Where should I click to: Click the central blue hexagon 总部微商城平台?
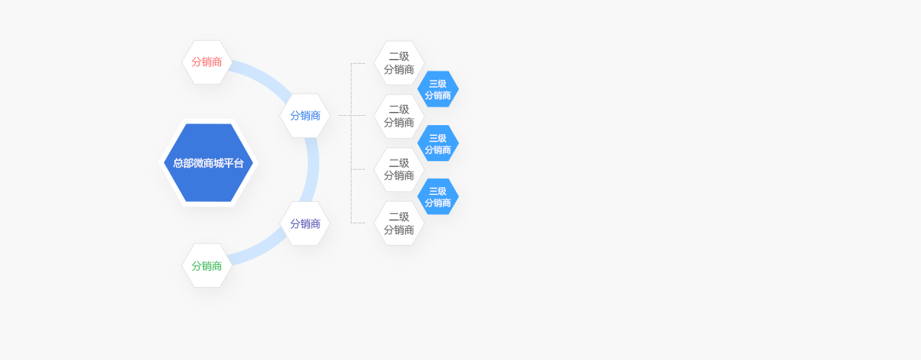208,163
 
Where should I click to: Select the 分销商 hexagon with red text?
207,62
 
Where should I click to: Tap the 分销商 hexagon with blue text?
305,116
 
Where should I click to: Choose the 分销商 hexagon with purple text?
305,223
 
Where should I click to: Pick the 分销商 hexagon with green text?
207,266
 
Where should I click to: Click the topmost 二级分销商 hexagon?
399,63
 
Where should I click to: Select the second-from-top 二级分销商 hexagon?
399,117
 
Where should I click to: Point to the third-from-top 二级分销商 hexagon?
399,170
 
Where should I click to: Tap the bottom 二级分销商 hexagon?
399,223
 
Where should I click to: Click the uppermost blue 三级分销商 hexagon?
438,90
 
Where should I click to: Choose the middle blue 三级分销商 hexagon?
438,144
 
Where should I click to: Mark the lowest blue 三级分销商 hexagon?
438,197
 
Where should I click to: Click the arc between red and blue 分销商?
261,75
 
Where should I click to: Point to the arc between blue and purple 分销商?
313,169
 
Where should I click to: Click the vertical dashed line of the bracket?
352,143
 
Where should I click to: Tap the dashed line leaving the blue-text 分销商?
344,116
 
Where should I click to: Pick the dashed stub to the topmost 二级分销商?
358,64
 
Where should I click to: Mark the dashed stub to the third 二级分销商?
358,170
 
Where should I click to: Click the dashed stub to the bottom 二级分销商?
358,223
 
